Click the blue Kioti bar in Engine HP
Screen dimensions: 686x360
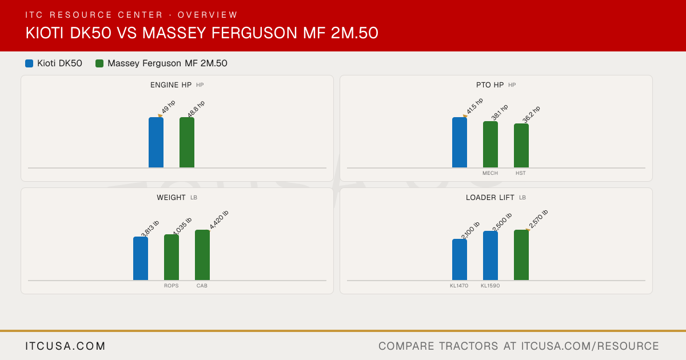(x=156, y=142)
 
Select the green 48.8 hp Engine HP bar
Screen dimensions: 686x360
(x=187, y=142)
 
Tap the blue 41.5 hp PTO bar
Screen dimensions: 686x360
(x=460, y=142)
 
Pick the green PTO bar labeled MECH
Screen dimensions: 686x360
(x=490, y=145)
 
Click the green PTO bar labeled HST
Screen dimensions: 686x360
(x=521, y=145)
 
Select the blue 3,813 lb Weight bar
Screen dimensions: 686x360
(x=141, y=258)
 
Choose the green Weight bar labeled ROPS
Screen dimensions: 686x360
(x=171, y=257)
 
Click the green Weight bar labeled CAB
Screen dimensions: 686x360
(x=202, y=255)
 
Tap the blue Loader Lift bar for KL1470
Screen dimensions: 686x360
(x=460, y=259)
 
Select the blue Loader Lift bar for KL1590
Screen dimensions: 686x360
(x=490, y=255)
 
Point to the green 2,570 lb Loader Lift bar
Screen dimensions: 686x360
(x=521, y=255)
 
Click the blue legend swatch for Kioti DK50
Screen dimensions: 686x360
(x=29, y=63)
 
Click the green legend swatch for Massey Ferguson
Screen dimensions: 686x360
(x=99, y=63)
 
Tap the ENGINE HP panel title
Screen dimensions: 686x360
(x=171, y=85)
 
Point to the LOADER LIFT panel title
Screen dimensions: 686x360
(x=490, y=198)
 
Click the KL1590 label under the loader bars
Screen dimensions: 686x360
(x=490, y=286)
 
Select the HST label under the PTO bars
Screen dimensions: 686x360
(x=521, y=173)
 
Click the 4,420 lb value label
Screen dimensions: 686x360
(x=219, y=220)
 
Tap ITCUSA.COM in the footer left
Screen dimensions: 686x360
(x=65, y=346)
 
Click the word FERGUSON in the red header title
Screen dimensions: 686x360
(x=254, y=33)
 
